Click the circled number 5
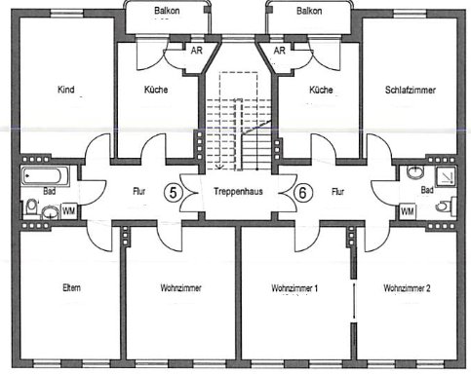pyautogui.click(x=174, y=192)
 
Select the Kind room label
pyautogui.click(x=66, y=90)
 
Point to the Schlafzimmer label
pyautogui.click(x=410, y=90)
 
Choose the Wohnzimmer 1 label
pyautogui.click(x=296, y=289)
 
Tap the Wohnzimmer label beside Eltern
pyautogui.click(x=178, y=289)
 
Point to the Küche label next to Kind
pyautogui.click(x=154, y=90)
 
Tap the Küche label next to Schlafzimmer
pyautogui.click(x=321, y=90)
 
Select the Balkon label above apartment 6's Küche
pyautogui.click(x=310, y=12)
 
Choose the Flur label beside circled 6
pyautogui.click(x=338, y=192)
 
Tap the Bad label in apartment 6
pyautogui.click(x=425, y=192)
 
